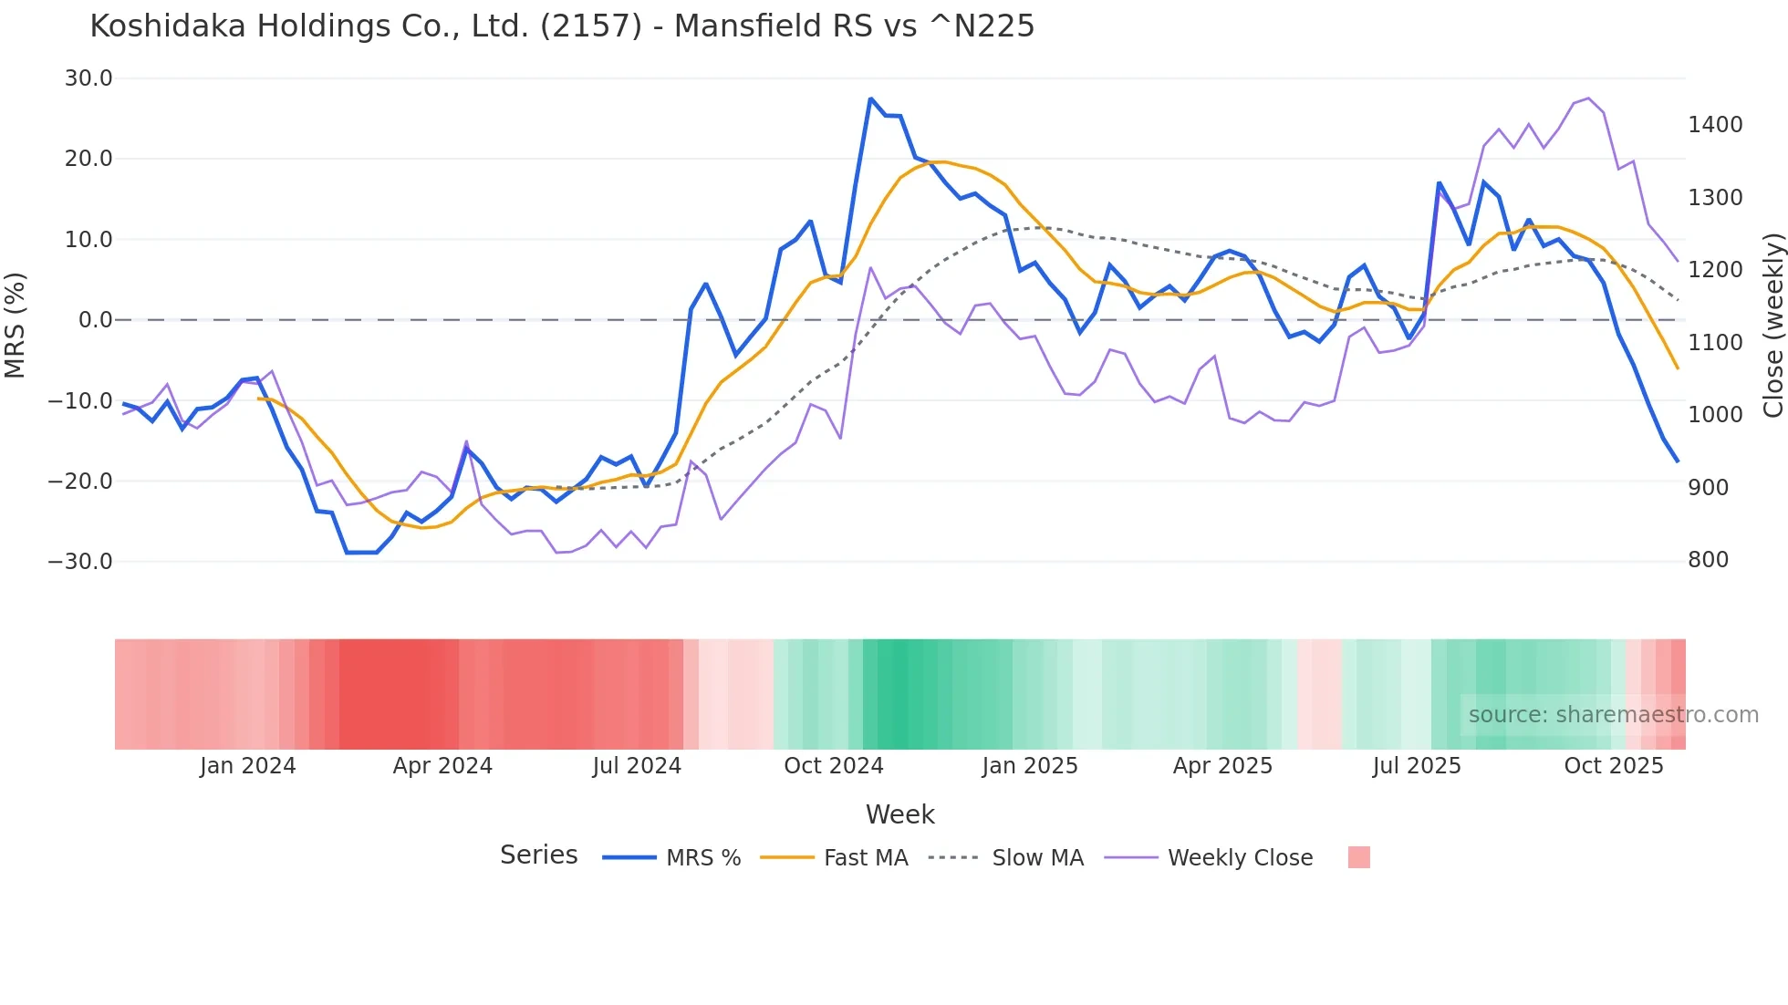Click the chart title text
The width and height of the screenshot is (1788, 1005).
(562, 26)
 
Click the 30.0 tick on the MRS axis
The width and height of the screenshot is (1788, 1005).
(88, 78)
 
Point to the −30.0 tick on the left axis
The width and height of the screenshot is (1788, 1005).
(80, 561)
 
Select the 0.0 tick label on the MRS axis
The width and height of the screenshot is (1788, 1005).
(95, 320)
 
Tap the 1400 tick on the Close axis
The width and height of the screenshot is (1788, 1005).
(1715, 125)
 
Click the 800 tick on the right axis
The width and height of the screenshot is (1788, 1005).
(1708, 560)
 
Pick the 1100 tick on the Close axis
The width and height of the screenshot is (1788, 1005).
(1715, 343)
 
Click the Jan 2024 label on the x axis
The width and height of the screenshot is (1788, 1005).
(247, 766)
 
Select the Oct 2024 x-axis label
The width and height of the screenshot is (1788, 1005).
(834, 766)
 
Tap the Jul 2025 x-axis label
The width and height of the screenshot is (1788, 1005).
(1417, 766)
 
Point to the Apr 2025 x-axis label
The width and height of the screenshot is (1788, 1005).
(1222, 766)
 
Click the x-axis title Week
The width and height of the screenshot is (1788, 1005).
(899, 814)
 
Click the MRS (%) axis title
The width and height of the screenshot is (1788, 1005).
(16, 325)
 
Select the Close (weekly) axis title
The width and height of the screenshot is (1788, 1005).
(1772, 325)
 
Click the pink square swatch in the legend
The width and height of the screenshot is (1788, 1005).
(1358, 857)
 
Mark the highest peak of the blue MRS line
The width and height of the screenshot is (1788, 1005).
(871, 98)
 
